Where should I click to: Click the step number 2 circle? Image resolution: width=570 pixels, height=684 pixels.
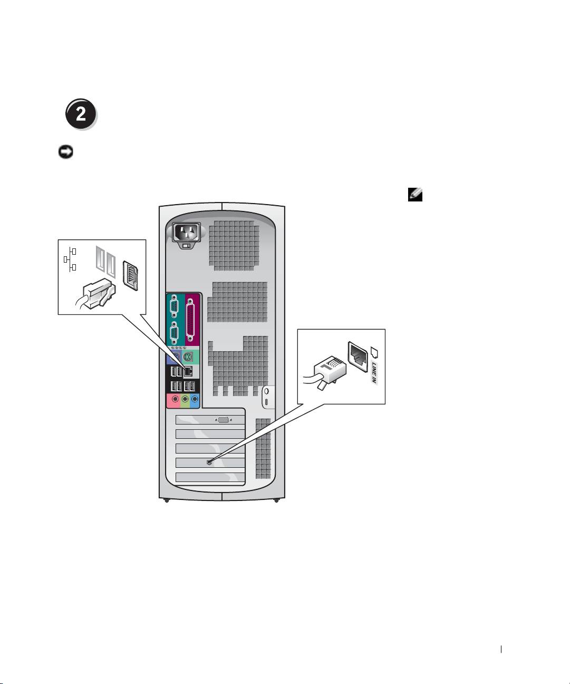pos(81,114)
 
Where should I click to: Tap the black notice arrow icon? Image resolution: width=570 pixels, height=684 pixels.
pos(65,152)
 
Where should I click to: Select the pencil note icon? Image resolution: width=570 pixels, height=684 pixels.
pos(415,195)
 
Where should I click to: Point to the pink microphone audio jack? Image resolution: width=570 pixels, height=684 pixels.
pos(175,399)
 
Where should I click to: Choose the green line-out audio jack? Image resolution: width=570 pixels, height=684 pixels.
pos(185,399)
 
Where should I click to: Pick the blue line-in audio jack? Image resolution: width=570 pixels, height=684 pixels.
pos(195,399)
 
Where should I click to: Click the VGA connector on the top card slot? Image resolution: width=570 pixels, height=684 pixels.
pos(223,420)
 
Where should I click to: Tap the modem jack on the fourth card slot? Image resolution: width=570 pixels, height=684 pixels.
pos(209,462)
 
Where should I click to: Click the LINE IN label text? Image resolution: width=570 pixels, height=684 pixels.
pos(374,372)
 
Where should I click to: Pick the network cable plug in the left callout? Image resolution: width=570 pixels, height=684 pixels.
pos(96,294)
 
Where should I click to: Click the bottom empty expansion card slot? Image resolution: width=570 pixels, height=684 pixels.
pos(209,478)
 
